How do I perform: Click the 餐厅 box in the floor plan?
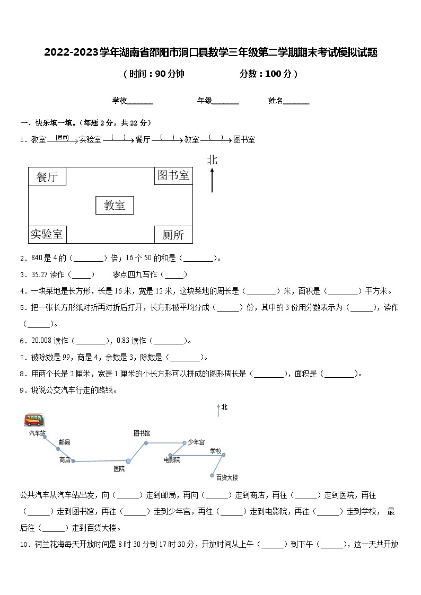coord(47,177)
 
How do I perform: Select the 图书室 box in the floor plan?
coord(173,175)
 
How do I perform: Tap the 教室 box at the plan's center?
coord(115,206)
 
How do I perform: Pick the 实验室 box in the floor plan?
coord(47,234)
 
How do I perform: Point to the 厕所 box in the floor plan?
coord(173,234)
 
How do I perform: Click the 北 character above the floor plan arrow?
coord(212,159)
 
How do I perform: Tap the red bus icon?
coord(34,420)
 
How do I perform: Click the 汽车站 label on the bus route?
coord(37,433)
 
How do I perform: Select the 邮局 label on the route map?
coord(64,442)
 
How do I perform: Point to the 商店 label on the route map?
coord(65,460)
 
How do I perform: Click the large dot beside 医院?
coord(128,461)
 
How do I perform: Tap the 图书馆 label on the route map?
coord(142,433)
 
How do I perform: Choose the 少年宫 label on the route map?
coord(196,442)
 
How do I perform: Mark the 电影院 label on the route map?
coord(172,459)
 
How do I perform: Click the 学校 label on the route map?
coord(215,451)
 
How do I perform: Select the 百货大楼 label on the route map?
coord(227,477)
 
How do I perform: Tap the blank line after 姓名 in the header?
coord(296,101)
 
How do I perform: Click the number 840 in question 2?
coord(37,258)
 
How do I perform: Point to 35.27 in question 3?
coord(40,274)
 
